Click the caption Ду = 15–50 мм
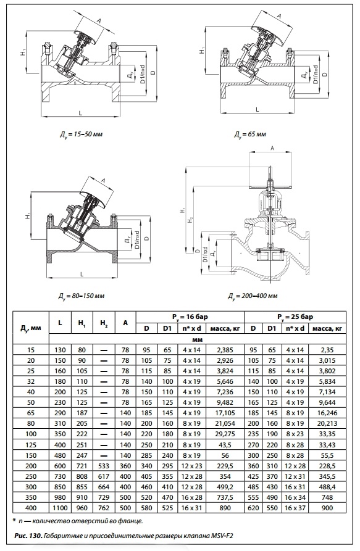pos(80,135)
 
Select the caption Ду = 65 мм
pos(250,135)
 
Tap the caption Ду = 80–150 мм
pos(82,296)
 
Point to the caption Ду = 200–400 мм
pos(252,296)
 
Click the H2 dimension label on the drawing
pos(190,220)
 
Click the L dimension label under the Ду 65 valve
pos(257,109)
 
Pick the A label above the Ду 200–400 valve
pos(272,149)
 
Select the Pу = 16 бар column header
pos(190,317)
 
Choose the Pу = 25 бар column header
pos(295,317)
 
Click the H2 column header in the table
pos(104,323)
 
